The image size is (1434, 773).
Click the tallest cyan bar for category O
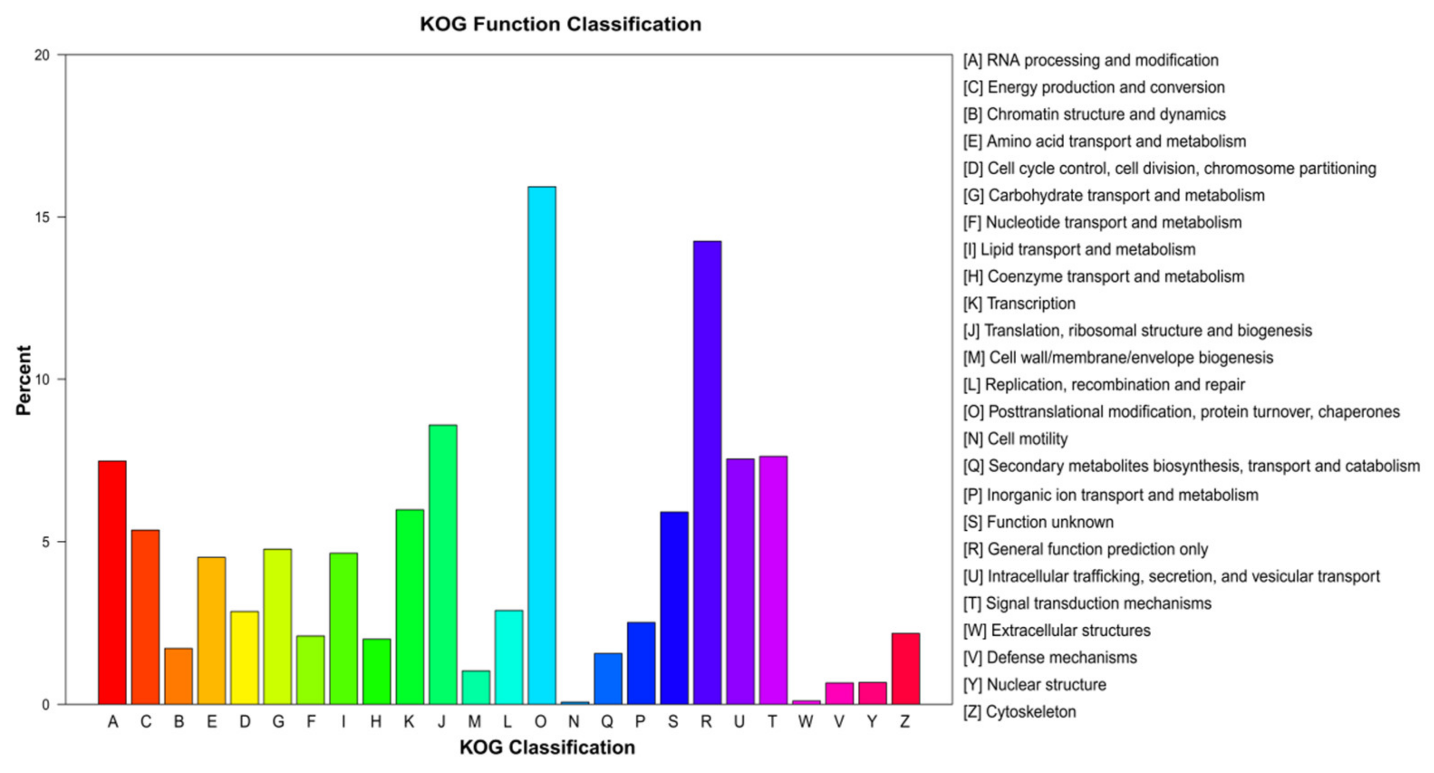pyautogui.click(x=541, y=445)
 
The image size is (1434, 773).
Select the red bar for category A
pyautogui.click(x=112, y=582)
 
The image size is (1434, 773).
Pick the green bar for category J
pyautogui.click(x=443, y=564)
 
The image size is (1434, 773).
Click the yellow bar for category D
pyautogui.click(x=245, y=658)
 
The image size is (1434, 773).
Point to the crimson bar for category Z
pyautogui.click(x=905, y=668)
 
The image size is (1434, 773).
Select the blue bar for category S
pyautogui.click(x=674, y=608)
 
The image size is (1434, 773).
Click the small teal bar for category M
pyautogui.click(x=476, y=687)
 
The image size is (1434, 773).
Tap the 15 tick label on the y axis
pyautogui.click(x=42, y=217)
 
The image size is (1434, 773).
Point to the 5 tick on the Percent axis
pyautogui.click(x=46, y=542)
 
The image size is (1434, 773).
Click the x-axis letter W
pyautogui.click(x=806, y=722)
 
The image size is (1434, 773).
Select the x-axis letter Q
pyautogui.click(x=607, y=722)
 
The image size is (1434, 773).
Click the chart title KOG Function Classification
pyautogui.click(x=560, y=24)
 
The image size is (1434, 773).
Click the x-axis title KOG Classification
pyautogui.click(x=547, y=747)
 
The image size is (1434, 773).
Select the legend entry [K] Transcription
pyautogui.click(x=1019, y=303)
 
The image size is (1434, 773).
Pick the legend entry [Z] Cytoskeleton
pyautogui.click(x=1019, y=711)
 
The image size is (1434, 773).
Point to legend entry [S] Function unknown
pyautogui.click(x=1038, y=522)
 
